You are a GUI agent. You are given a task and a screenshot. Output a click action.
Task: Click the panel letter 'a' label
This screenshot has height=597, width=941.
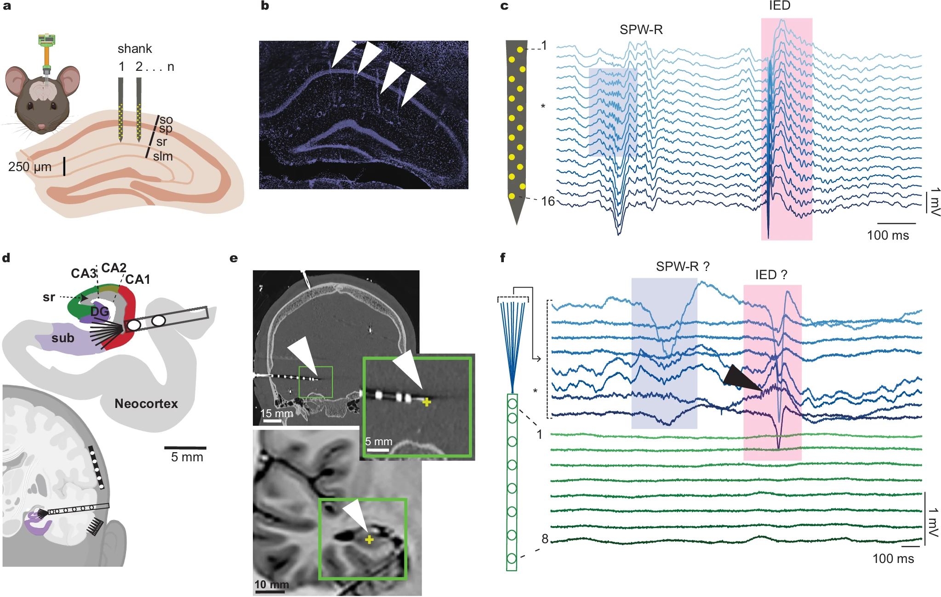(6, 6)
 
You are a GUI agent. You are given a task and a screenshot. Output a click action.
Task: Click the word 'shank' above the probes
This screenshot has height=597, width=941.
(134, 49)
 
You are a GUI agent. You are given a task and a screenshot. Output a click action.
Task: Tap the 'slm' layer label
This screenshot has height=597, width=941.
(163, 156)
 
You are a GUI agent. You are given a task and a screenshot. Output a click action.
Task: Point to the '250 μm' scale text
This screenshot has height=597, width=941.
(29, 166)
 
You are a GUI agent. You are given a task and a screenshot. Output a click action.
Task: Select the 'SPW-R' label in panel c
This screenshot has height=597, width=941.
(641, 30)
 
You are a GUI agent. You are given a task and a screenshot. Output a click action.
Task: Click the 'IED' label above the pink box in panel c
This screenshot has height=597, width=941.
(780, 6)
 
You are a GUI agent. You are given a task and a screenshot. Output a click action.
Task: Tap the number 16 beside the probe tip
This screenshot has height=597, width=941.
(547, 201)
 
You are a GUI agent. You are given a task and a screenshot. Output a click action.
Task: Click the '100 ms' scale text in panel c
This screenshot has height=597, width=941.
(888, 235)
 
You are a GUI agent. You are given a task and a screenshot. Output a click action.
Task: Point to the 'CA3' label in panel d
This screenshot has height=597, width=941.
(83, 274)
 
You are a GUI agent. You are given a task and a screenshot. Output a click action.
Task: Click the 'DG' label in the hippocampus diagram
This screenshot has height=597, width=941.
(99, 312)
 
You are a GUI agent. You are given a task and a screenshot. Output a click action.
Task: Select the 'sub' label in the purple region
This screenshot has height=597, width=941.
(63, 339)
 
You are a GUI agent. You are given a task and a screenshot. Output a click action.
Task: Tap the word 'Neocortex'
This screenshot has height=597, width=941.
(146, 404)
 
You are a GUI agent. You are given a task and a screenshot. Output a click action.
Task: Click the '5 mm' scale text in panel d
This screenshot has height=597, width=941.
(187, 457)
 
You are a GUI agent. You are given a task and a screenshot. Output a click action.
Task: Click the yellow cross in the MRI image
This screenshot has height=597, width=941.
(369, 540)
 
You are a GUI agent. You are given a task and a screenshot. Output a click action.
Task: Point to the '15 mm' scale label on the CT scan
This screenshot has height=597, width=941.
(276, 413)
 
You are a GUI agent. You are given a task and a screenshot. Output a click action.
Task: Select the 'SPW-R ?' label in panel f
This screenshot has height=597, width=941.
(682, 267)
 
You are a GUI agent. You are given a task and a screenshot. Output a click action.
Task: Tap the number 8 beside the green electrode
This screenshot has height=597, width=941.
(545, 539)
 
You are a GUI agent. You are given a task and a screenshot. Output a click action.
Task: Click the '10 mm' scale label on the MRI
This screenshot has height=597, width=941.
(271, 585)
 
